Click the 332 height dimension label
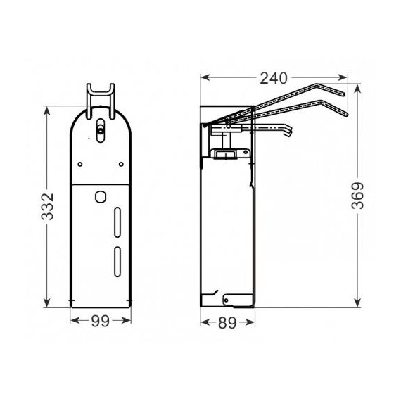pos(47,207)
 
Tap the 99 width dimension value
pos(101,321)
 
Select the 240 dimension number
pos(274,78)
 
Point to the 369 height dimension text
pos(357,196)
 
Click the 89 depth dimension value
pos(227,323)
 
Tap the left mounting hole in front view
pos(80,164)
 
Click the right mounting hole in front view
pos(121,164)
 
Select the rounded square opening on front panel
pos(101,197)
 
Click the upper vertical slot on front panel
pos(117,222)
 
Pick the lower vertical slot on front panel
pos(117,262)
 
